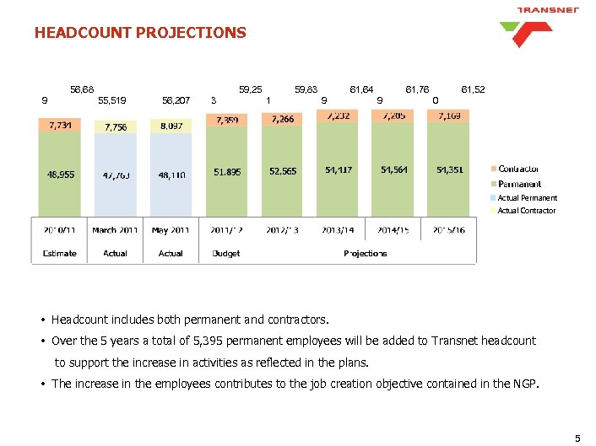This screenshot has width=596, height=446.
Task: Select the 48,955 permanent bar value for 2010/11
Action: coord(60,175)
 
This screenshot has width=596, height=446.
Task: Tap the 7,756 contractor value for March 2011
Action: coord(115,127)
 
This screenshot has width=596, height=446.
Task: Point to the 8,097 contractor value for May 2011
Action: coord(171,126)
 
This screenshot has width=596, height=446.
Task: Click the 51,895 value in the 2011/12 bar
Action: coord(227,172)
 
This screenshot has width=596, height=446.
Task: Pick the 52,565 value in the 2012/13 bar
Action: coord(283,171)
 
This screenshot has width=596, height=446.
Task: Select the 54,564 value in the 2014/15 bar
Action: coord(394,169)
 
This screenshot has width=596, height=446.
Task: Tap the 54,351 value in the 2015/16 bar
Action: coord(449,169)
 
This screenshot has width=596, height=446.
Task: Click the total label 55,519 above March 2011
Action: coord(113,99)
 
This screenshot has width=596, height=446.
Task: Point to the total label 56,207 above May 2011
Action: coord(175,99)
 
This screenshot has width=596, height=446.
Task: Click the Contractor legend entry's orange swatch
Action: coord(493,169)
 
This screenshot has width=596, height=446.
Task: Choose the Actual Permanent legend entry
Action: coord(527,198)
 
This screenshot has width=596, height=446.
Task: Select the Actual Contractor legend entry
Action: coord(526,211)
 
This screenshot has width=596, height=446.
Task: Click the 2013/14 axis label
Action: coord(339,229)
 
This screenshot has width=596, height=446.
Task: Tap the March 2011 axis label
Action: coord(116,229)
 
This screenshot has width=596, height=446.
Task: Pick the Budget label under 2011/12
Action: coord(226,253)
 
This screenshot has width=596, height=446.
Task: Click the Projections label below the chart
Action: coord(366,253)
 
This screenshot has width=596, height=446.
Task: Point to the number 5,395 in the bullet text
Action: coord(195,341)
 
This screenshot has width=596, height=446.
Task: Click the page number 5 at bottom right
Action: coord(577,438)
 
